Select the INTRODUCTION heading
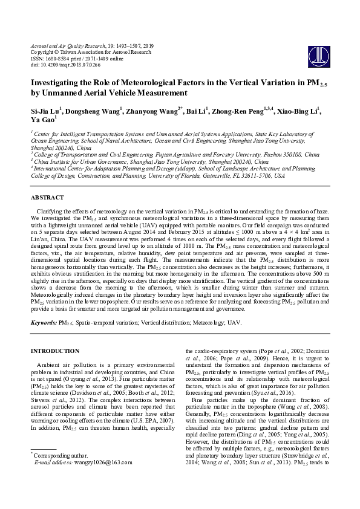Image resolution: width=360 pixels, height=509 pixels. click(x=55, y=351)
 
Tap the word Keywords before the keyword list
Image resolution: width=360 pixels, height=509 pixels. click(x=44, y=323)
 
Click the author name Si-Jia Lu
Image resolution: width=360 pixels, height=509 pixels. click(x=45, y=112)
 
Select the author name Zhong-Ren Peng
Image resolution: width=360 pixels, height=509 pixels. click(x=242, y=112)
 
